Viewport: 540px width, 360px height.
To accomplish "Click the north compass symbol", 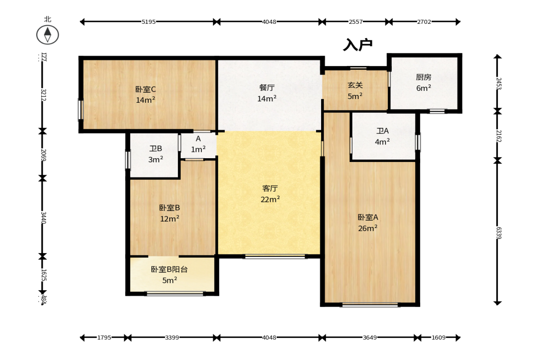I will point(47,34).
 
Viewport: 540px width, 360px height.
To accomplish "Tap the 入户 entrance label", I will point(357,44).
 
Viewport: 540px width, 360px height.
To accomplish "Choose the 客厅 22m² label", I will point(270,194).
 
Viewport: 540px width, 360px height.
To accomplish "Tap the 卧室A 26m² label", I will point(368,222).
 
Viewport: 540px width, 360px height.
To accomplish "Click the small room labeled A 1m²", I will point(198,144).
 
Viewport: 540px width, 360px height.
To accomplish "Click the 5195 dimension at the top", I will point(148,22).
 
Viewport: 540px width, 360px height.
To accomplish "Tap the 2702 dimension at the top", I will point(424,22).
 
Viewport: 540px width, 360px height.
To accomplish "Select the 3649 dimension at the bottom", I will point(370,338).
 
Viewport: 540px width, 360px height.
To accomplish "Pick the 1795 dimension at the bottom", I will point(104,338).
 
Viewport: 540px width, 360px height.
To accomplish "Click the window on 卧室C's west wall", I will point(80,110).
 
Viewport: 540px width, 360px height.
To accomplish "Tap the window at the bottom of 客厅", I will point(275,257).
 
